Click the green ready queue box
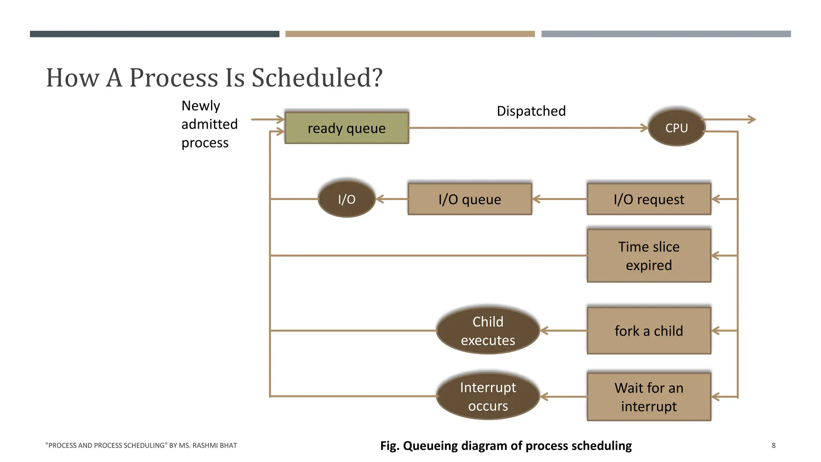(x=346, y=128)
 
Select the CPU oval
(x=676, y=128)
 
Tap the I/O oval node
(x=346, y=199)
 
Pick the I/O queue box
(x=469, y=199)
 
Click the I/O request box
(x=649, y=199)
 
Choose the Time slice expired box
(x=649, y=255)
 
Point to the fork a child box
(x=649, y=330)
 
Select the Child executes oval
(x=488, y=330)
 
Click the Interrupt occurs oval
(x=488, y=396)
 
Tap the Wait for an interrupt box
(x=649, y=397)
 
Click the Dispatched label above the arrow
(x=531, y=111)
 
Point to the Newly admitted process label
(x=209, y=124)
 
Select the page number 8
(x=773, y=445)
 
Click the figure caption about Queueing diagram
(x=506, y=446)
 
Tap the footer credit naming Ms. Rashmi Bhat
(x=141, y=445)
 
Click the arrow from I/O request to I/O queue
(x=559, y=199)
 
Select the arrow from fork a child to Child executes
(x=564, y=331)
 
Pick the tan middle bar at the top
(x=410, y=34)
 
